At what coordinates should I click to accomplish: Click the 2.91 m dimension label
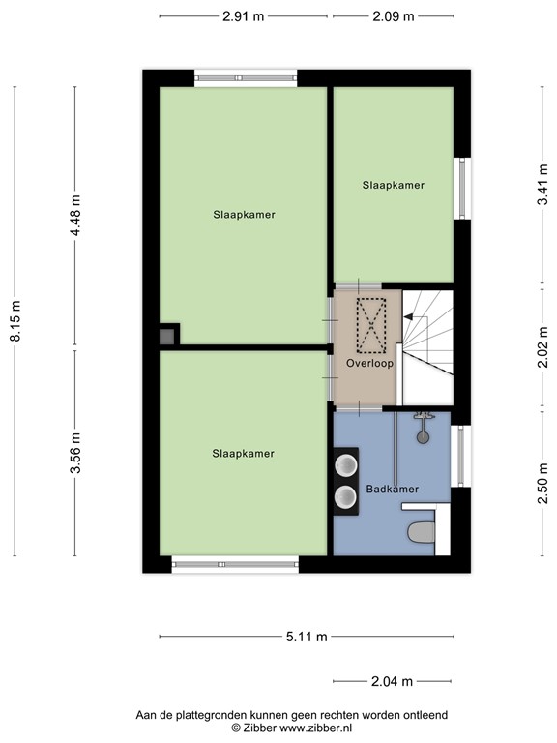pyautogui.click(x=243, y=16)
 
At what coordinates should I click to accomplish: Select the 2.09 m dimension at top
pyautogui.click(x=393, y=16)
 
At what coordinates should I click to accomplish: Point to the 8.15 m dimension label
pyautogui.click(x=15, y=322)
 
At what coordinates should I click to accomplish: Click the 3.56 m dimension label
pyautogui.click(x=75, y=453)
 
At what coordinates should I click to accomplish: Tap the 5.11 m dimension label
pyautogui.click(x=306, y=637)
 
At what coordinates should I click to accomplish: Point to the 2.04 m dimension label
pyautogui.click(x=393, y=682)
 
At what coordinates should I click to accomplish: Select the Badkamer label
pyautogui.click(x=392, y=490)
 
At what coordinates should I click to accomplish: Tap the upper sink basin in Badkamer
pyautogui.click(x=345, y=466)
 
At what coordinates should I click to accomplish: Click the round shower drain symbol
pyautogui.click(x=422, y=435)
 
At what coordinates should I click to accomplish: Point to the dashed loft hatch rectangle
pyautogui.click(x=371, y=325)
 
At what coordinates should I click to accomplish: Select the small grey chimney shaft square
pyautogui.click(x=168, y=336)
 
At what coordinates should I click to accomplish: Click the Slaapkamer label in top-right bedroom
pyautogui.click(x=393, y=184)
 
